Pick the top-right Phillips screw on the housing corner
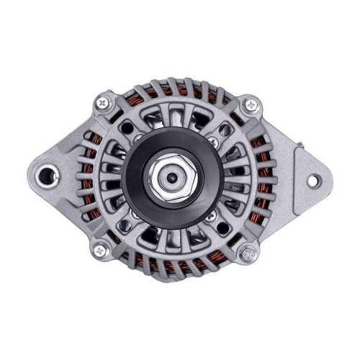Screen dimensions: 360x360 coord(250,105)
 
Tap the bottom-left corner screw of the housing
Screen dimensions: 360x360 coord(99,250)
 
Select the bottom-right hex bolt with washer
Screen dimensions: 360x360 coord(249,253)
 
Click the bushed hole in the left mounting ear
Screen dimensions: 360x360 coord(50,174)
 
